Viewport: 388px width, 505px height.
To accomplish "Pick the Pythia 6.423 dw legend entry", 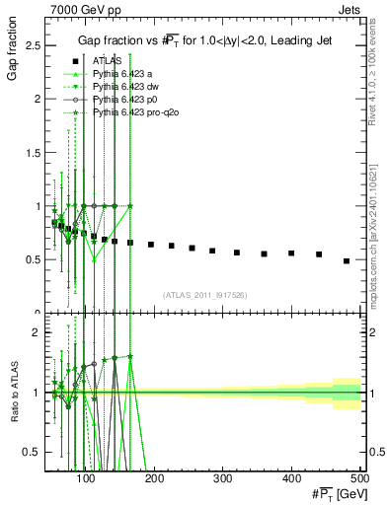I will pos(122,87).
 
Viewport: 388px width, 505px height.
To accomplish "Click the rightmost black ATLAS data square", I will pos(347,261).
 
